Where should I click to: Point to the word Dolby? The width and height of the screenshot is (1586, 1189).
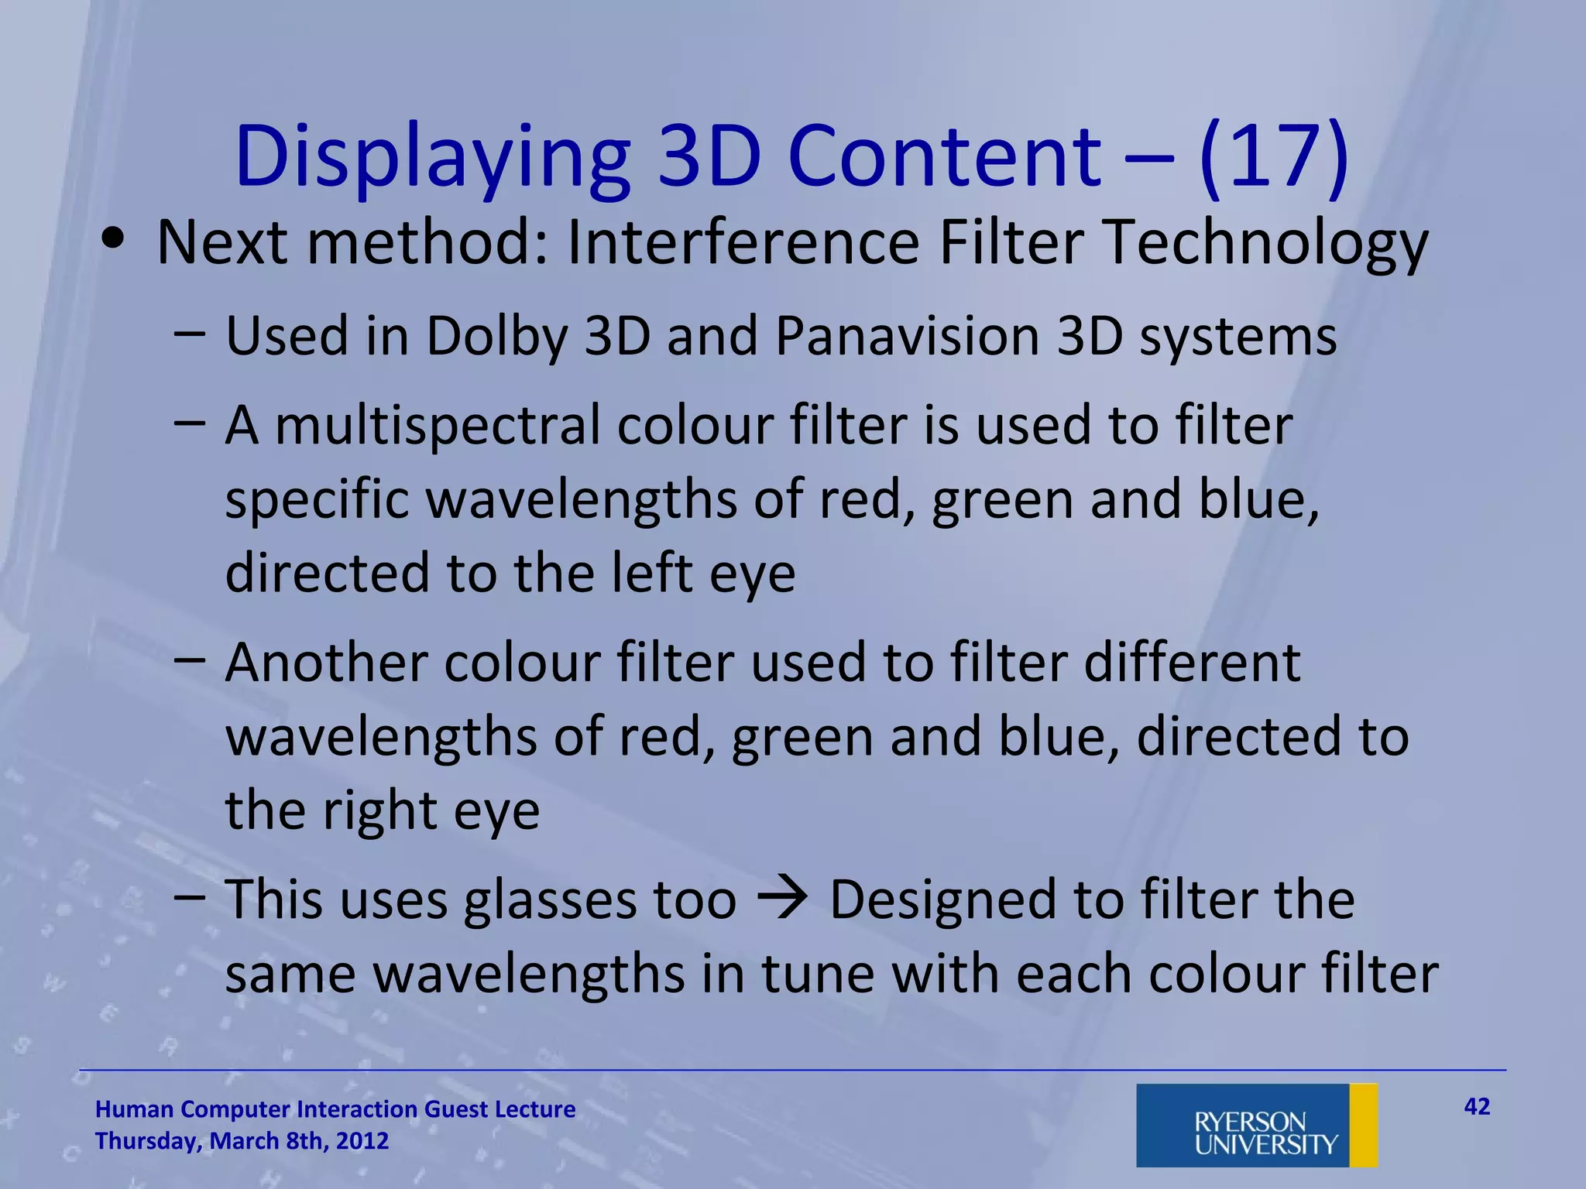pyautogui.click(x=496, y=337)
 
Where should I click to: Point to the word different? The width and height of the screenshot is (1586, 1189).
pyautogui.click(x=1192, y=663)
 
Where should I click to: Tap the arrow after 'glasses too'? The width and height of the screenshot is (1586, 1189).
pyautogui.click(x=783, y=899)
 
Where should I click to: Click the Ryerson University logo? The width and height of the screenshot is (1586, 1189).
pyautogui.click(x=1256, y=1126)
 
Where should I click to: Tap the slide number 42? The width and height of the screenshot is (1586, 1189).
pyautogui.click(x=1477, y=1107)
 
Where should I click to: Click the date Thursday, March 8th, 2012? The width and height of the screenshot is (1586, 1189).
pyautogui.click(x=242, y=1141)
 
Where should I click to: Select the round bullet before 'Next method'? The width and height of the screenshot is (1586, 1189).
pyautogui.click(x=114, y=239)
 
